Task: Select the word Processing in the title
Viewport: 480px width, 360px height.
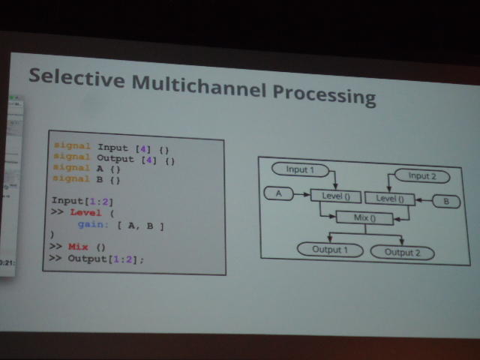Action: pyautogui.click(x=323, y=95)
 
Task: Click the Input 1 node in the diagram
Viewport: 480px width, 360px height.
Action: pyautogui.click(x=300, y=169)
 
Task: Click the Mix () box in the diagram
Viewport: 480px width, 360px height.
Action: pyautogui.click(x=364, y=218)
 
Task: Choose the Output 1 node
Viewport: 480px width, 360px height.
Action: pyautogui.click(x=325, y=248)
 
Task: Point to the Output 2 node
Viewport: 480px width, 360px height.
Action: pyautogui.click(x=402, y=253)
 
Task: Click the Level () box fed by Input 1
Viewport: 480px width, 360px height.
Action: pyautogui.click(x=335, y=196)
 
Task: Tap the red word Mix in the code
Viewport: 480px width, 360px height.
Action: pyautogui.click(x=78, y=246)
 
